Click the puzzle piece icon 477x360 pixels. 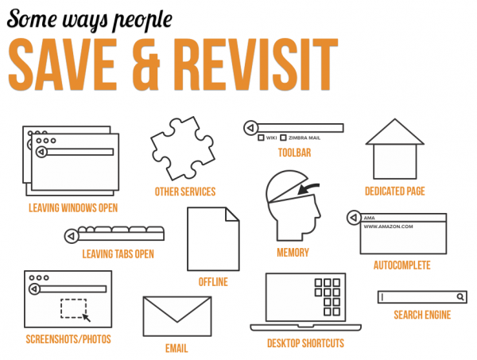[x=183, y=148]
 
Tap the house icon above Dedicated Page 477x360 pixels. [x=394, y=149]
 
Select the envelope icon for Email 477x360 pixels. [x=177, y=316]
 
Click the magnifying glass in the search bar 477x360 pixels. [x=460, y=296]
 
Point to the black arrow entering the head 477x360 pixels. [x=308, y=188]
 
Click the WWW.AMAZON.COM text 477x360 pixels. [x=388, y=226]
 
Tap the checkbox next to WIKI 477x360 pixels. [x=261, y=137]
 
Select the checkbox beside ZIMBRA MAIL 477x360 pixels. [x=283, y=137]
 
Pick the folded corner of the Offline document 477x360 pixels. [x=232, y=215]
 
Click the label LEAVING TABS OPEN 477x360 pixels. [x=118, y=254]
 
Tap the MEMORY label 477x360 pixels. [x=293, y=253]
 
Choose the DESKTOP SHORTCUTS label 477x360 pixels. [x=305, y=343]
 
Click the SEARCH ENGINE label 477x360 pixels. [x=422, y=315]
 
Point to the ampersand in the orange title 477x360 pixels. [x=146, y=64]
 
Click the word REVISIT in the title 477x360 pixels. [x=256, y=64]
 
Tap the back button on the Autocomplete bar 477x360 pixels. [x=354, y=218]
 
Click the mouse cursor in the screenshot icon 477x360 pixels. [x=87, y=317]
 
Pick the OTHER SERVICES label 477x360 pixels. [x=185, y=192]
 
